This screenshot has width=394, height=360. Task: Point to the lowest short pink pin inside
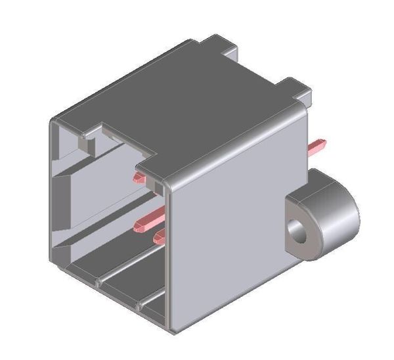pyautogui.click(x=161, y=235)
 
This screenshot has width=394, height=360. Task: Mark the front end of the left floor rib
pyautogui.click(x=98, y=283)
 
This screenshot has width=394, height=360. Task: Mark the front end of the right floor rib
pyautogui.click(x=139, y=306)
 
